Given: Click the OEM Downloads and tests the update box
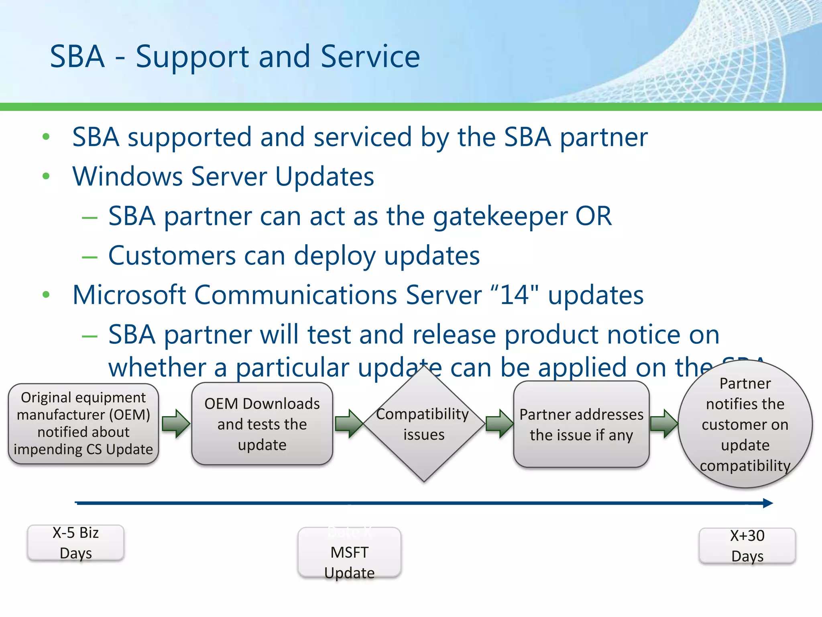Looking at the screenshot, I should point(262,424).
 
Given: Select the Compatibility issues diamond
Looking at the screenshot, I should point(424,424).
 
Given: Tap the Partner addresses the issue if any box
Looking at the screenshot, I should point(581,425).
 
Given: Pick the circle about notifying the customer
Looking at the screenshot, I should point(745,424).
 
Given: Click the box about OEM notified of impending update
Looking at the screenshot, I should point(83,423).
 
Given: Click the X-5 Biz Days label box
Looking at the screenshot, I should point(75,543).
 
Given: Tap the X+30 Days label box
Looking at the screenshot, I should point(747,546).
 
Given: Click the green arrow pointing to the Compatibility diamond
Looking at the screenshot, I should point(348,423).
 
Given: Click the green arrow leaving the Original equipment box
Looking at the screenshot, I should point(176,423).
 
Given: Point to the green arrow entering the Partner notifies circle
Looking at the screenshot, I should point(663,423).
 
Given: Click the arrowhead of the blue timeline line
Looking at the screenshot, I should point(767,503).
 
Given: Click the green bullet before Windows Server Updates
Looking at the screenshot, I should point(46,176).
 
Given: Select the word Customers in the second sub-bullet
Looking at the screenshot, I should point(172,256).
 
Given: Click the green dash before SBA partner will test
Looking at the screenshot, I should point(90,336).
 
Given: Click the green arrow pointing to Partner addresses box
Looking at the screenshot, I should point(499,423).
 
